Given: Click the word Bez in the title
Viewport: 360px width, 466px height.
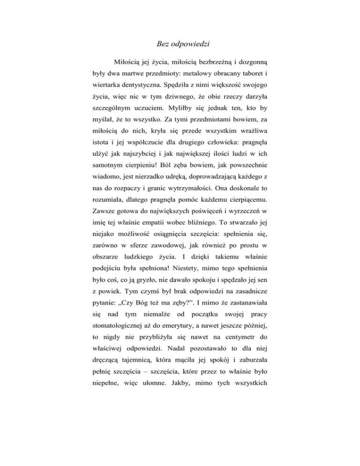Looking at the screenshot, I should pyautogui.click(x=160, y=45).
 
